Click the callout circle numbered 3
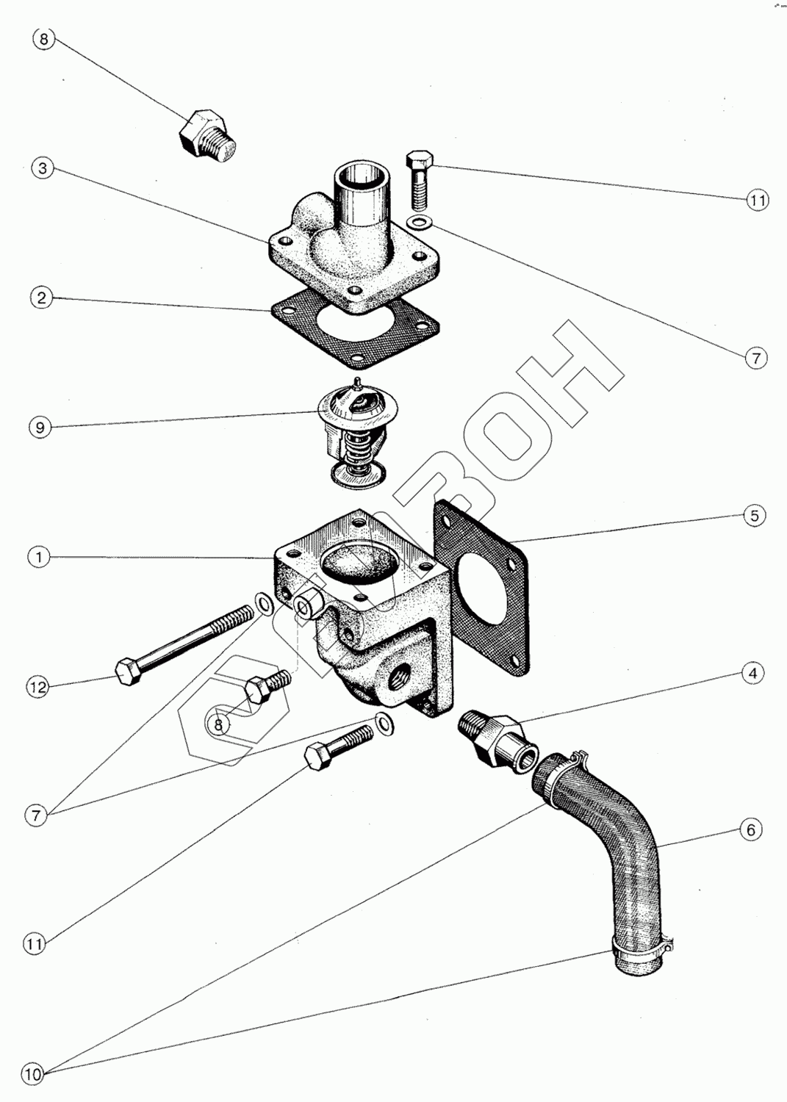coord(43,168)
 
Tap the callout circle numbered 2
coord(42,298)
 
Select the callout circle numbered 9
coord(40,427)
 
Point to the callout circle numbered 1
coord(40,557)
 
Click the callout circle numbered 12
coord(38,687)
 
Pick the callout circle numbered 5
coord(754,516)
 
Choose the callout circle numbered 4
coord(752,672)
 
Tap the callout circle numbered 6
coord(750,830)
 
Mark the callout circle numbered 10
coord(33,1075)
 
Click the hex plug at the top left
coord(207,135)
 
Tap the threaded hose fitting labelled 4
coord(494,738)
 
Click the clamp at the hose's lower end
coord(641,953)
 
